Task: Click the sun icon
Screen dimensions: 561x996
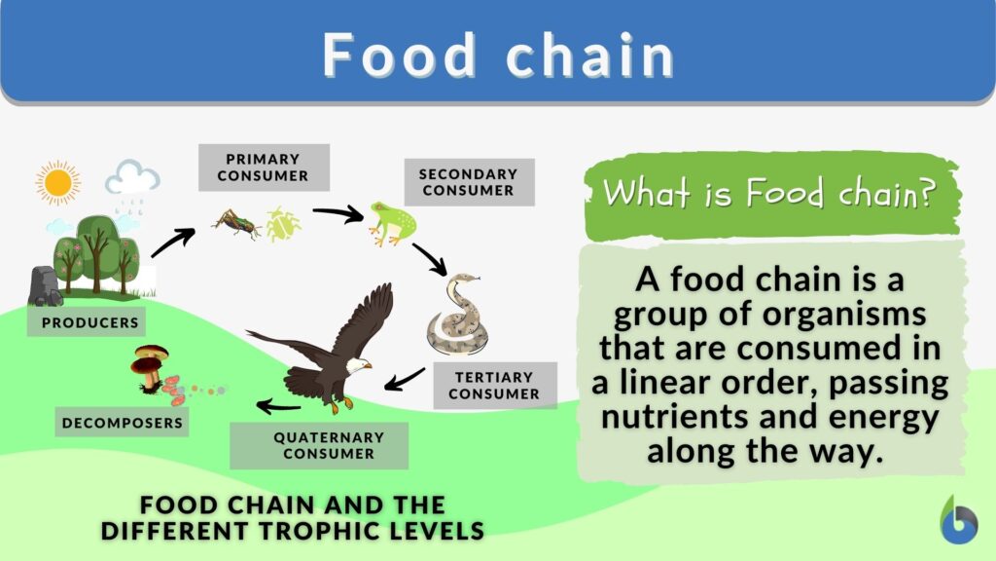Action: pos(57,182)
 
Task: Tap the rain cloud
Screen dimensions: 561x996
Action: pos(132,180)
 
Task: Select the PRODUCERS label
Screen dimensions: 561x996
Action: pos(90,321)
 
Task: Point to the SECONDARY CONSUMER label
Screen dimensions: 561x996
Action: pos(468,182)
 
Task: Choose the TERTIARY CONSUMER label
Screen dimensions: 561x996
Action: pos(494,386)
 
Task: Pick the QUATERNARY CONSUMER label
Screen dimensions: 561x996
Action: pos(319,445)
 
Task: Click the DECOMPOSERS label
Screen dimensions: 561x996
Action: pos(122,423)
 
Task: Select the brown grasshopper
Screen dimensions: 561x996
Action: pos(236,222)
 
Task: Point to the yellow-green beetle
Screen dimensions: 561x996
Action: pos(282,224)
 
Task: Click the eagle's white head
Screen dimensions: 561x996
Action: pos(357,364)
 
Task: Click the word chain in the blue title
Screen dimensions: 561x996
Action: pos(590,56)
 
